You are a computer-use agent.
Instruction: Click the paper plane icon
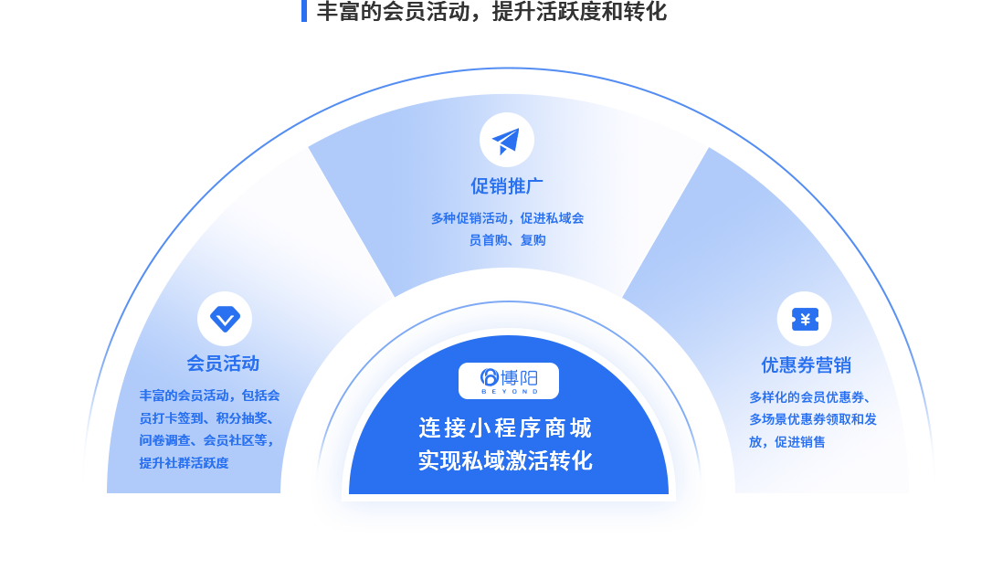click(x=506, y=140)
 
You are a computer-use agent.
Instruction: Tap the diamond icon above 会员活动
click(x=225, y=319)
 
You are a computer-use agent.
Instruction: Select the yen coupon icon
click(x=804, y=319)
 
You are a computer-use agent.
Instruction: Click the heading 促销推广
click(x=507, y=186)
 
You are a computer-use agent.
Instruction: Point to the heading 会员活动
click(x=223, y=364)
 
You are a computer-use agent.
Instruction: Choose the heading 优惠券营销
click(x=806, y=365)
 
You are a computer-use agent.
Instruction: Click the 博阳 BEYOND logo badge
click(x=509, y=381)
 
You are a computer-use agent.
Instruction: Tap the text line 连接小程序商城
click(x=505, y=428)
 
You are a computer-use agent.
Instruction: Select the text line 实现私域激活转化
click(x=505, y=461)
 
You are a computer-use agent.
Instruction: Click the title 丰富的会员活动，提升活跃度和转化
click(x=491, y=11)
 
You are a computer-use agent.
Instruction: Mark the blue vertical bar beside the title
click(x=304, y=11)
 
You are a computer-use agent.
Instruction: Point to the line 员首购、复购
click(x=507, y=240)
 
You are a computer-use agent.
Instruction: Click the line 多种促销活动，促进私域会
click(x=507, y=218)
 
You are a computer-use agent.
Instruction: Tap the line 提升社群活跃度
click(x=184, y=463)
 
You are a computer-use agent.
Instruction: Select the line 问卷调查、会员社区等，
click(x=207, y=440)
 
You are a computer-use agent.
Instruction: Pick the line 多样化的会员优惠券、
click(x=809, y=397)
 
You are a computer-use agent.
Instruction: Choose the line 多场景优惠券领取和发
click(x=812, y=419)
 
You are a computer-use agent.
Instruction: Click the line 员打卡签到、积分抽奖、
click(x=207, y=418)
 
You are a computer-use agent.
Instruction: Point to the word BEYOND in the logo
click(x=510, y=392)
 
